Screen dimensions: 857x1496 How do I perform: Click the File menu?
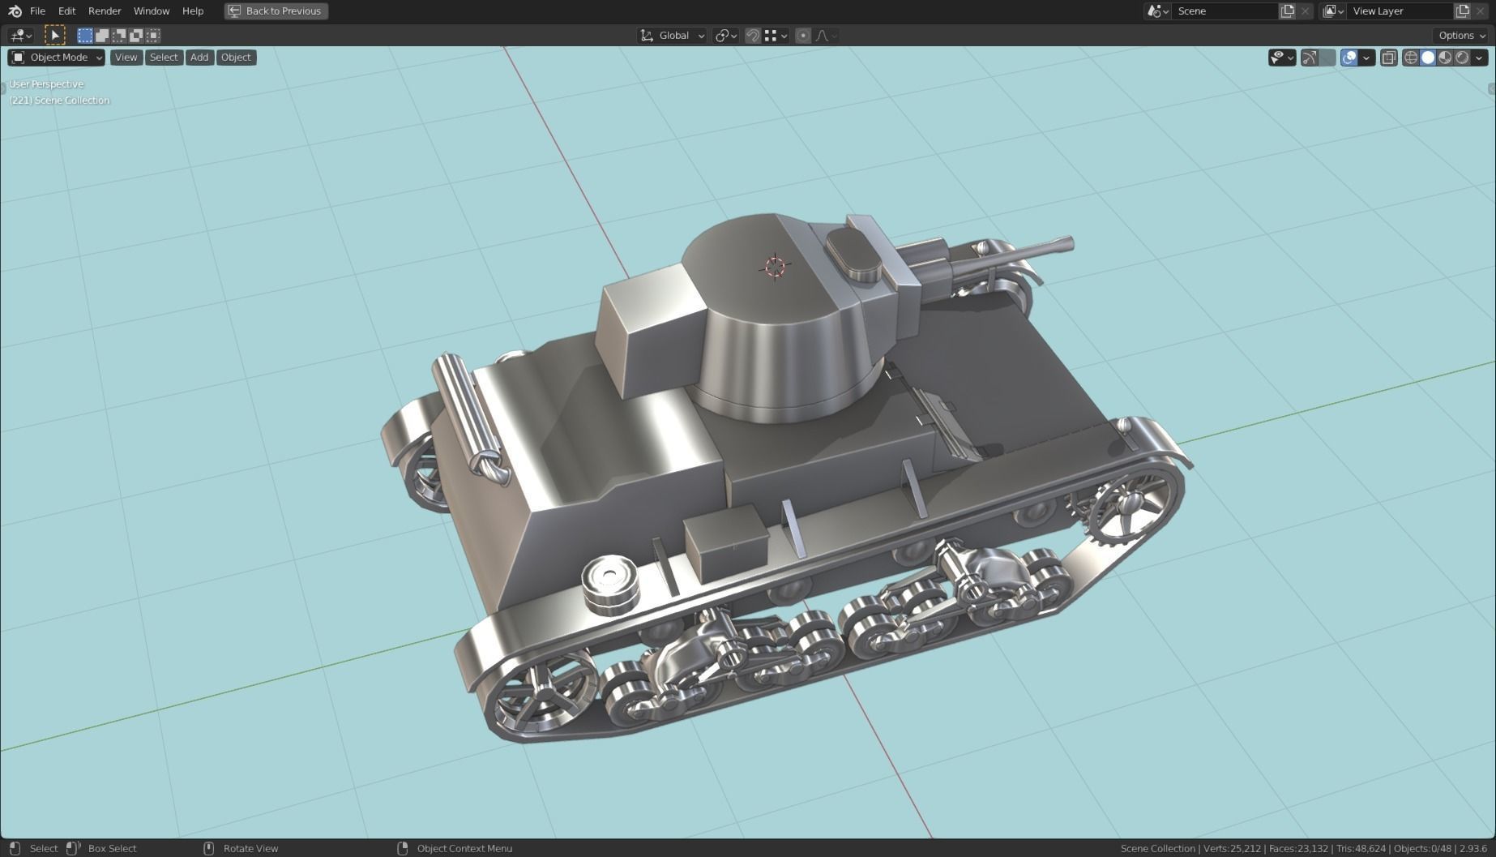37,11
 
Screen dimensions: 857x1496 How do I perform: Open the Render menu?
105,11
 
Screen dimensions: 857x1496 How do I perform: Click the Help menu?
193,11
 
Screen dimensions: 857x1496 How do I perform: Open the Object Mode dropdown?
57,57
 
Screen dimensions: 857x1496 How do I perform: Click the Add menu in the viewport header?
199,57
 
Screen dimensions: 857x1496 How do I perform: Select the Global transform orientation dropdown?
673,35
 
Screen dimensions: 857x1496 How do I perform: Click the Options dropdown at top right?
1461,35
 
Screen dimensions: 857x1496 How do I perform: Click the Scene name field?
1224,11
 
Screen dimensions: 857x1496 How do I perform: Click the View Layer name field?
1399,11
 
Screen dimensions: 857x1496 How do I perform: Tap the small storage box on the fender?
726,541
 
